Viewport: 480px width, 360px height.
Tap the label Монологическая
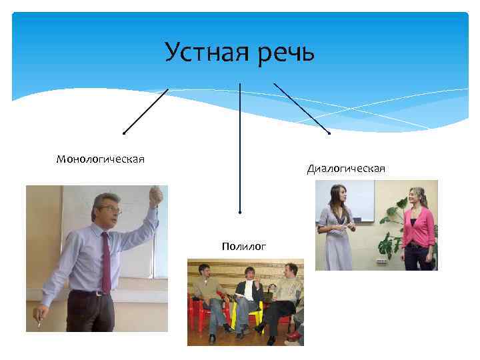pos(101,159)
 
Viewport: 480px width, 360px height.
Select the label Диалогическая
pos(346,168)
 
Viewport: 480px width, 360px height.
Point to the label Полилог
pos(245,246)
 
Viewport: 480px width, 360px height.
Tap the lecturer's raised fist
pos(155,195)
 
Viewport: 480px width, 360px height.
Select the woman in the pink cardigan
pos(417,227)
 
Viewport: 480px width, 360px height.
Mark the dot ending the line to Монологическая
pos(124,133)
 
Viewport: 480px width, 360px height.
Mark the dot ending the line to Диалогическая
pos(329,133)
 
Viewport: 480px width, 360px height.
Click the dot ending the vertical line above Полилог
pos(240,213)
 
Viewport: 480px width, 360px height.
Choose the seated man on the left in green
pos(207,293)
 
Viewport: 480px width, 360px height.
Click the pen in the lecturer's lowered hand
pos(39,323)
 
